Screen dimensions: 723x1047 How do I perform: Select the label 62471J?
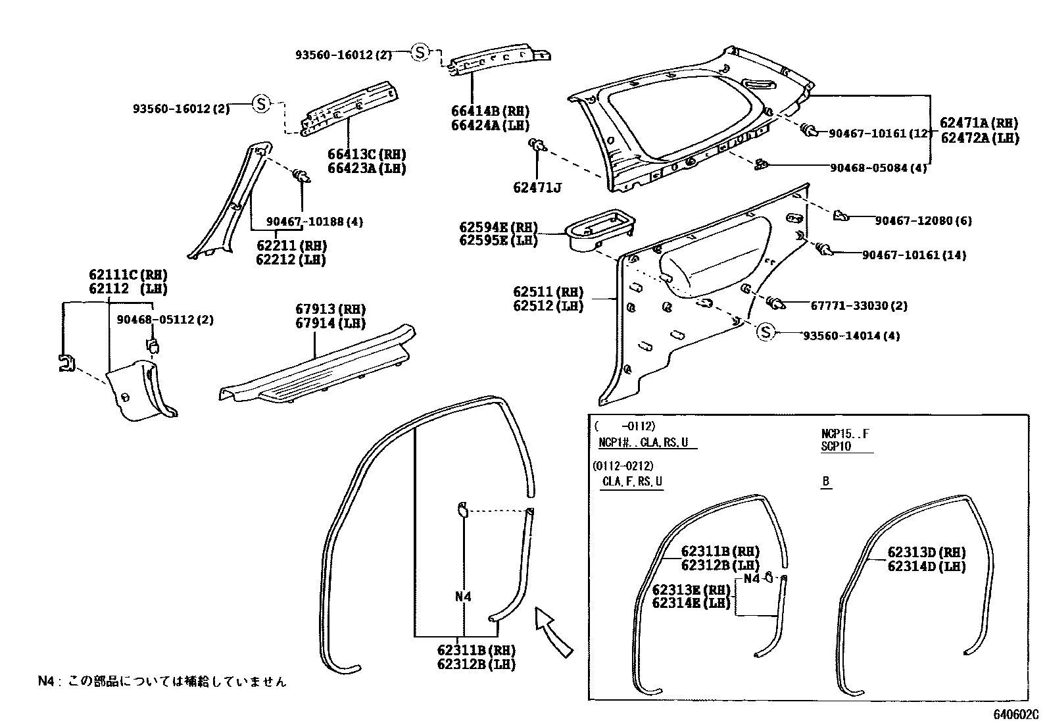pos(537,188)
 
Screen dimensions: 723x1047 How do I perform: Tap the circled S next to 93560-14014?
pos(766,333)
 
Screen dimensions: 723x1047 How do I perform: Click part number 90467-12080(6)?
pos(923,221)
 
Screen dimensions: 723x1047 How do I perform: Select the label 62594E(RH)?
pos(498,228)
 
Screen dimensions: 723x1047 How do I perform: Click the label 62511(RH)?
pos(548,292)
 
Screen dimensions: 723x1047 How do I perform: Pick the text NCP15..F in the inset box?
pos(844,434)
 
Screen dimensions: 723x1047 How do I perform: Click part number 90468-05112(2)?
pos(165,320)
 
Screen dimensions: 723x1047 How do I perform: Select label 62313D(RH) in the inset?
pos(926,553)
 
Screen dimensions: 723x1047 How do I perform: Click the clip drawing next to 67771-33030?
pos(776,303)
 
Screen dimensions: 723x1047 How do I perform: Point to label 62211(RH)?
pos(291,245)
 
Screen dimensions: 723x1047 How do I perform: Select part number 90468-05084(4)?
pos(878,168)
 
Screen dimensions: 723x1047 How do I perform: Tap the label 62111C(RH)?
pos(128,275)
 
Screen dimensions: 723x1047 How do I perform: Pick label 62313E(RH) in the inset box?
pos(691,589)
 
